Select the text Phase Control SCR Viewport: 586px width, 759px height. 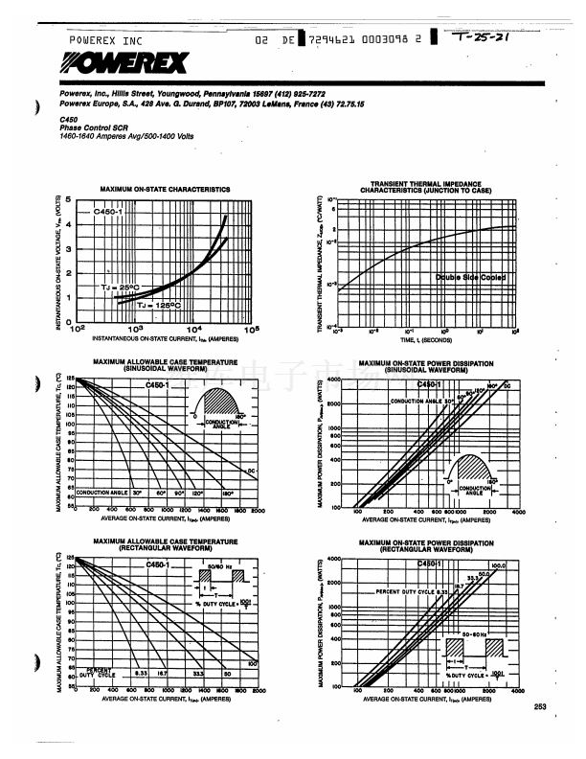click(87, 128)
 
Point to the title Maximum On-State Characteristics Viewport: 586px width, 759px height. click(165, 190)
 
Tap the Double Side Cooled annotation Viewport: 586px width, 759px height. click(470, 277)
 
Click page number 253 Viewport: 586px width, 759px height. click(541, 707)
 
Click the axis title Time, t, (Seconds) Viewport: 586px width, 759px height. click(427, 339)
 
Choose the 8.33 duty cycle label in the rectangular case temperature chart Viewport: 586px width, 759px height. click(141, 675)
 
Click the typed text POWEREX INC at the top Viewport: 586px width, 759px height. click(105, 41)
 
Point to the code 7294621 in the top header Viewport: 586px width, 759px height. click(331, 40)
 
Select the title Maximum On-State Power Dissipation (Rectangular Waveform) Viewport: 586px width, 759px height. click(426, 545)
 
